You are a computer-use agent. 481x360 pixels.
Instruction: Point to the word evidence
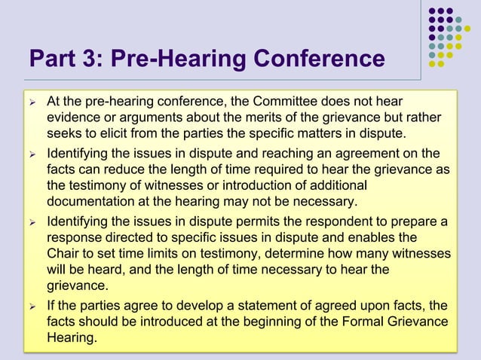72,118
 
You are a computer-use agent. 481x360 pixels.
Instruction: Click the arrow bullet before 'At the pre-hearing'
32,102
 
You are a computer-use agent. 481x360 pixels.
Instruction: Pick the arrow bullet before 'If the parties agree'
32,305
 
